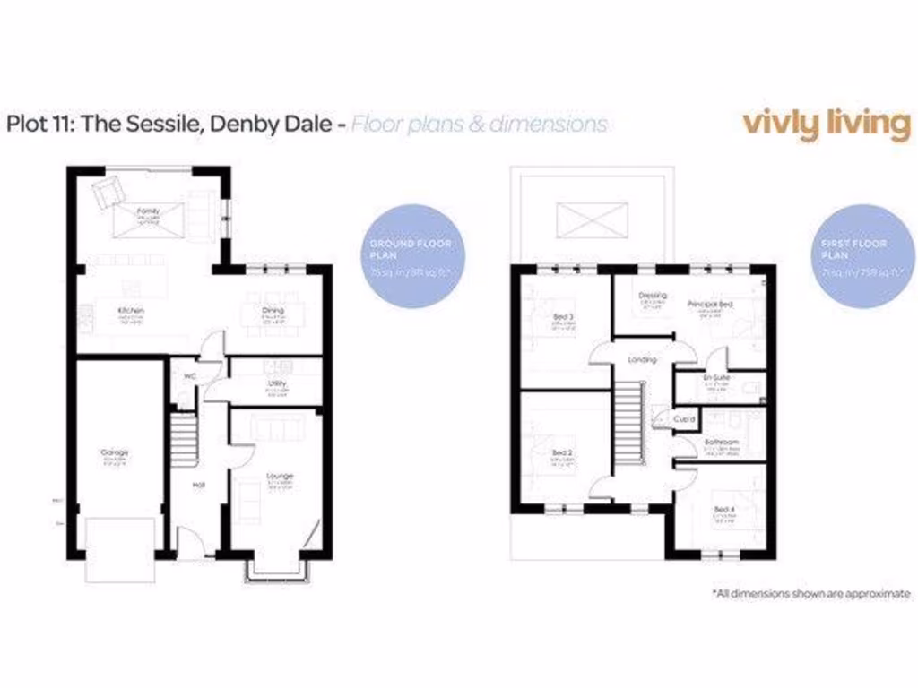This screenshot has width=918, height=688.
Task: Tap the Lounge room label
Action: [x=280, y=476]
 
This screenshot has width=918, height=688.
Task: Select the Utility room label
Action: [x=276, y=383]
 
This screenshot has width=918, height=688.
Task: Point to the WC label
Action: [x=189, y=376]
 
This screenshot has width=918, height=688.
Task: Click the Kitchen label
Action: [x=132, y=311]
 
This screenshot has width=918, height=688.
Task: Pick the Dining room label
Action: [x=273, y=310]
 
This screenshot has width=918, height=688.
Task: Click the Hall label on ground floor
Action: [x=201, y=485]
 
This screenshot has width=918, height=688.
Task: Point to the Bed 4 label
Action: [x=723, y=509]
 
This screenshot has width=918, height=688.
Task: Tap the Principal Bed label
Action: [x=710, y=305]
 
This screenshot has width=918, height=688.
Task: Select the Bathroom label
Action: [x=721, y=443]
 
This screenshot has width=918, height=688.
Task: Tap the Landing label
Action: [x=642, y=359]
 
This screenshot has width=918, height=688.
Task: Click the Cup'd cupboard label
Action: [x=687, y=418]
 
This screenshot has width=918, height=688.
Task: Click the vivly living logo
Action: [x=826, y=124]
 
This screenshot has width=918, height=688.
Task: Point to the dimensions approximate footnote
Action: [x=810, y=593]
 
